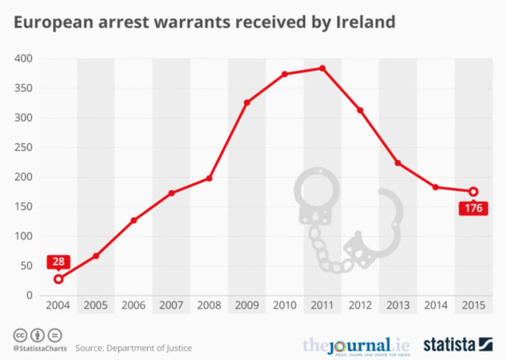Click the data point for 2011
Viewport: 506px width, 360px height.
click(x=322, y=69)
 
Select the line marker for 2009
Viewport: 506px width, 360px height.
click(x=247, y=103)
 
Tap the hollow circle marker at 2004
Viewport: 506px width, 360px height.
click(x=58, y=279)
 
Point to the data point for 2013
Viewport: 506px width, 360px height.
click(x=398, y=163)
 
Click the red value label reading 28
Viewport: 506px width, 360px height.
click(x=58, y=262)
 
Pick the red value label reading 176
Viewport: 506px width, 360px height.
click(x=473, y=209)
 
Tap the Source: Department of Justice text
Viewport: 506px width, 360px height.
click(x=137, y=348)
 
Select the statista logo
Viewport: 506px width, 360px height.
click(x=458, y=344)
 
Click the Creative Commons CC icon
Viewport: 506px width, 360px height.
click(x=18, y=335)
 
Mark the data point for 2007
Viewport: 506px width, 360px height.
click(x=171, y=192)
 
